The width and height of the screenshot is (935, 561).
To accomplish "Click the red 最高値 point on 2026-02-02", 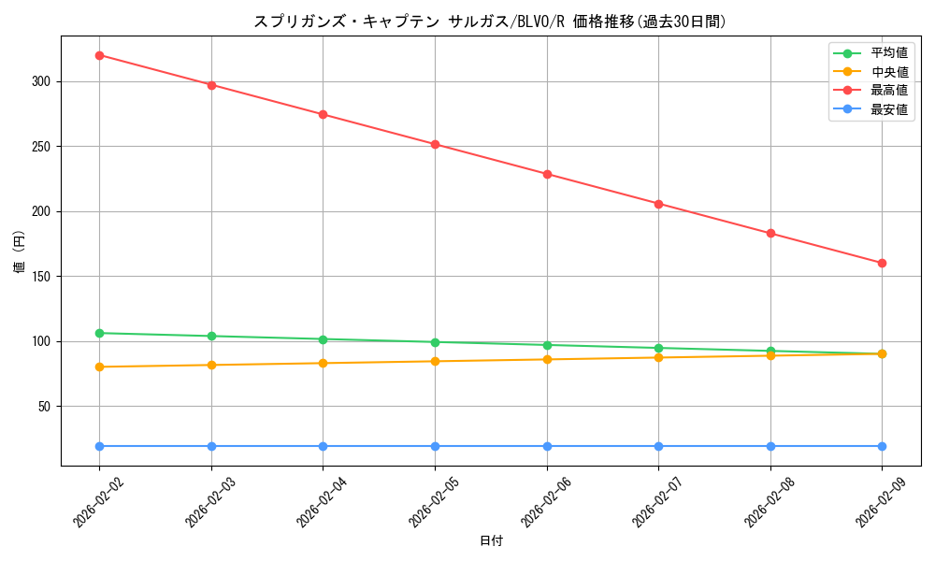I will click(x=99, y=55).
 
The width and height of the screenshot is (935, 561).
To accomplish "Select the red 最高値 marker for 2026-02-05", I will click(x=435, y=144).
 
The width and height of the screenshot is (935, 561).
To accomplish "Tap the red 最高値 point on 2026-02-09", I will click(x=882, y=263).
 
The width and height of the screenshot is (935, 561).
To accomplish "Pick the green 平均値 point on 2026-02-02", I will click(x=99, y=333).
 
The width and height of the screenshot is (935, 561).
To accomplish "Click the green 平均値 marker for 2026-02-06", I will click(x=547, y=345).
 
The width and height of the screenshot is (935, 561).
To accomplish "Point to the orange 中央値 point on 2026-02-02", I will click(x=99, y=367).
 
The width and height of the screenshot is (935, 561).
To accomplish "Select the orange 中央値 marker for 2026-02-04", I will click(x=323, y=363).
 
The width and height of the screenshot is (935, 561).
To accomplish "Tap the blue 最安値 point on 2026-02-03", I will click(x=211, y=446).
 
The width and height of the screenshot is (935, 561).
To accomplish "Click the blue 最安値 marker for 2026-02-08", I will click(x=770, y=446).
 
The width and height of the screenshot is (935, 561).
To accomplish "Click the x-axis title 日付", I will click(x=491, y=541).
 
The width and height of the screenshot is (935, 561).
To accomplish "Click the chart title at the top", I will click(x=491, y=21).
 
